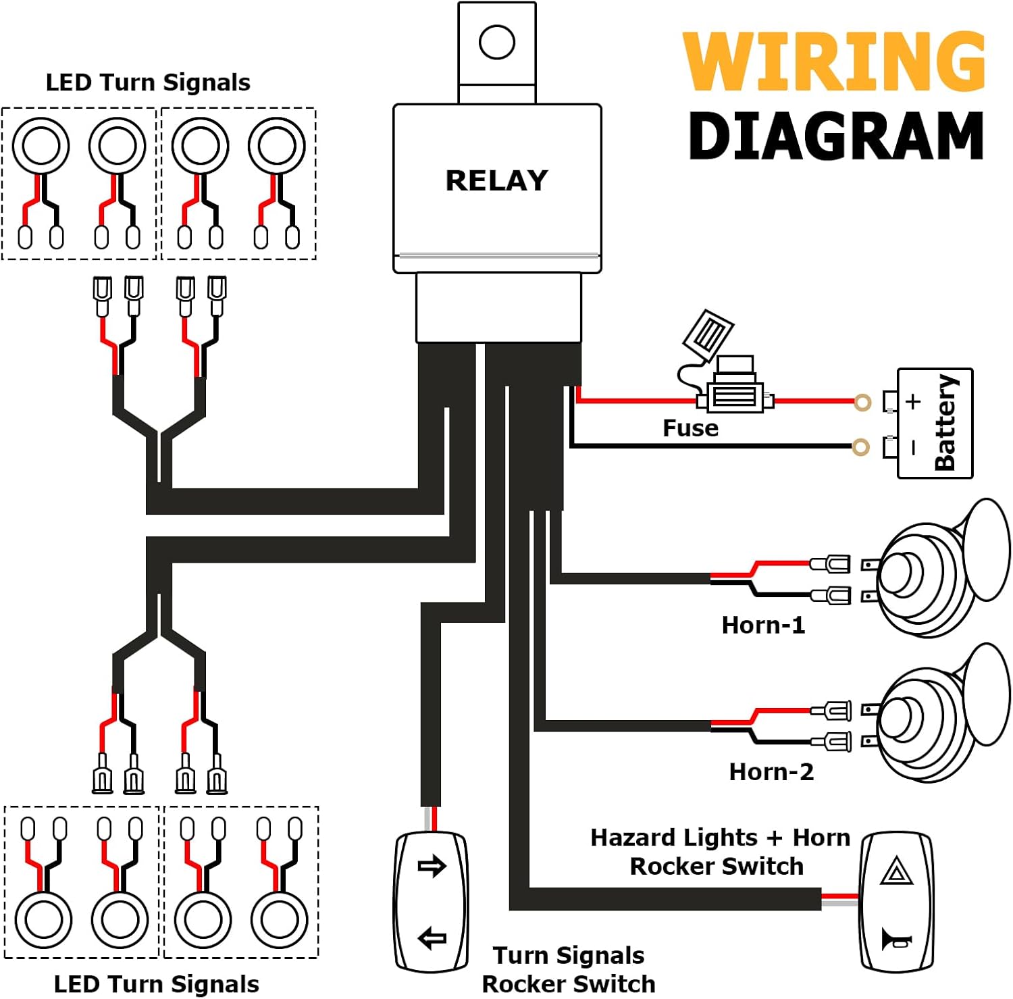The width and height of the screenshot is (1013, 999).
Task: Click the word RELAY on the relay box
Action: coord(496,180)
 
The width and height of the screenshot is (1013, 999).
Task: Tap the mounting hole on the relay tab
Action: coord(497,42)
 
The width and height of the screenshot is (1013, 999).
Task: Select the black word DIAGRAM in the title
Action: coord(836,136)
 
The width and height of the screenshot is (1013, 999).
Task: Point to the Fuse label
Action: coord(690,428)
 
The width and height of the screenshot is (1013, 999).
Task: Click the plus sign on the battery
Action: coord(913,401)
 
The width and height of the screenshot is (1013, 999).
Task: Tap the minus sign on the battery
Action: coord(913,447)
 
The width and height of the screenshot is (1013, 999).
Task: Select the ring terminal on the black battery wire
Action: coord(860,446)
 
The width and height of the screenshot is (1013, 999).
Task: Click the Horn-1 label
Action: coord(763,625)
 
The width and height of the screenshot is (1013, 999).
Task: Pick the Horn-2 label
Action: coord(771,771)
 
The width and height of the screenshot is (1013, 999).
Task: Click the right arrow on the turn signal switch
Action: coord(432,866)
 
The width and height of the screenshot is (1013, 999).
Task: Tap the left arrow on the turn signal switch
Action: coord(432,938)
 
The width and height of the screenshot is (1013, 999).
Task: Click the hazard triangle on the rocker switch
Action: coord(897,871)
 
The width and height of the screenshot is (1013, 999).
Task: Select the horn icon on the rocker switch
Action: coord(896,940)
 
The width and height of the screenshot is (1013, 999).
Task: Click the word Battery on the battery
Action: coord(945,423)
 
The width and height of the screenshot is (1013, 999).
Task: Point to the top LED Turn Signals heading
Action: coord(148,82)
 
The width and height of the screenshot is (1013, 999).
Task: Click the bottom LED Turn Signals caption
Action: coord(156,984)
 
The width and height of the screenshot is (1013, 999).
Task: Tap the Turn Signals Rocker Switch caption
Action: coord(569,969)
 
